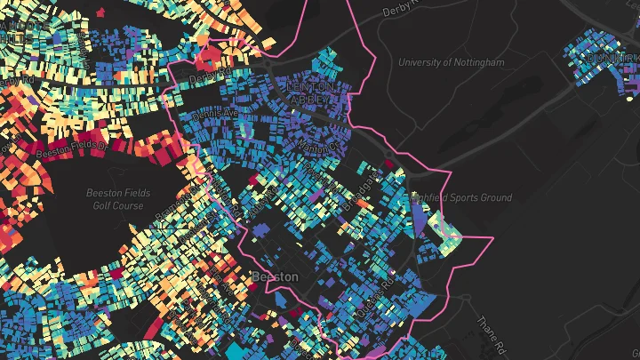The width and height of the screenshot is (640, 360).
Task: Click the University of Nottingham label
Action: point(451,63)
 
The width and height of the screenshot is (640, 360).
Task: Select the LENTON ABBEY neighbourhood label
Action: point(312,92)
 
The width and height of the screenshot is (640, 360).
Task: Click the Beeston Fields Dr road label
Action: point(71,145)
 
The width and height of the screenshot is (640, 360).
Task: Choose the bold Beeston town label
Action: point(275,276)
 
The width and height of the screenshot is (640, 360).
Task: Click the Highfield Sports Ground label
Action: point(461,197)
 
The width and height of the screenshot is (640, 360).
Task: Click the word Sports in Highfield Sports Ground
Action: point(462,197)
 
